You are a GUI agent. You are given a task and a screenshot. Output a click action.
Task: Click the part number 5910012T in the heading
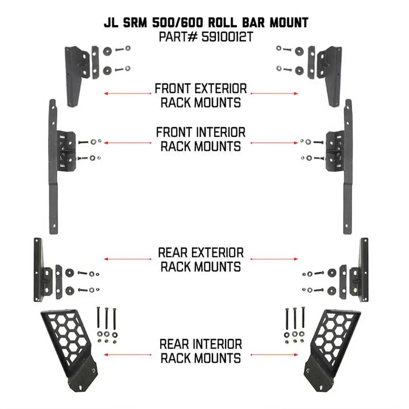(x=227, y=38)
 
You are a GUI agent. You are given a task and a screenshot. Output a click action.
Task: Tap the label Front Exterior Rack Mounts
(x=200, y=95)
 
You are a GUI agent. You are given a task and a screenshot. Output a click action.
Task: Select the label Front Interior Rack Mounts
(x=200, y=139)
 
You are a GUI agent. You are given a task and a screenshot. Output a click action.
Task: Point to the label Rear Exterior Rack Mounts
(x=200, y=259)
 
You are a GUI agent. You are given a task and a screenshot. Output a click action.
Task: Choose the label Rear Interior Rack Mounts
(x=200, y=351)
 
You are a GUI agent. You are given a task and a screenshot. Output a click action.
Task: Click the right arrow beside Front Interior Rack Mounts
(x=274, y=143)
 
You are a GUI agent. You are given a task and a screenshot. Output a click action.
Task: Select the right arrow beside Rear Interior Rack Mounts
(x=274, y=354)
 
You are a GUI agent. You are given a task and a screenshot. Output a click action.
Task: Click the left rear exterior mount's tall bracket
(x=38, y=270)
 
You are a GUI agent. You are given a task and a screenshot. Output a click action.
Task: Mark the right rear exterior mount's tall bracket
(x=363, y=270)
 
